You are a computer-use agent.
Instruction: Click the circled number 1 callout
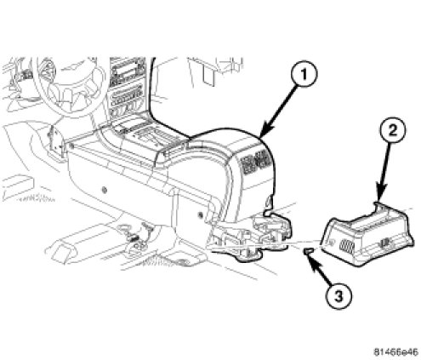[304, 74]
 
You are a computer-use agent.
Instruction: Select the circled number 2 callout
[393, 131]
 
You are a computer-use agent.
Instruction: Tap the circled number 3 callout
[339, 297]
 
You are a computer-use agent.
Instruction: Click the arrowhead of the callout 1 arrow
[264, 134]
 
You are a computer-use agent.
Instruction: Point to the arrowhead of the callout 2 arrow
[380, 195]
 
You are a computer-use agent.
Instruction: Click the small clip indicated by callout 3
[308, 250]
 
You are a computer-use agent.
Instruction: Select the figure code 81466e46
[395, 352]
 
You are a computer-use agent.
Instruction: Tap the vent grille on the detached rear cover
[346, 246]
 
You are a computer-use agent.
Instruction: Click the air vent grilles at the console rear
[256, 163]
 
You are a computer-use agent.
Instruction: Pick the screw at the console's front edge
[71, 146]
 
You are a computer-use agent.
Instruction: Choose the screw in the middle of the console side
[105, 190]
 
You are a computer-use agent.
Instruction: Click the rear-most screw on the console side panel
[201, 214]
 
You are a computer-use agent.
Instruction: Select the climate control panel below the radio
[126, 99]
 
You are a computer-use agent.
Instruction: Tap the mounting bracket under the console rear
[253, 236]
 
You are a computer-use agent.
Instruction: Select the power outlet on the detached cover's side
[384, 243]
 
